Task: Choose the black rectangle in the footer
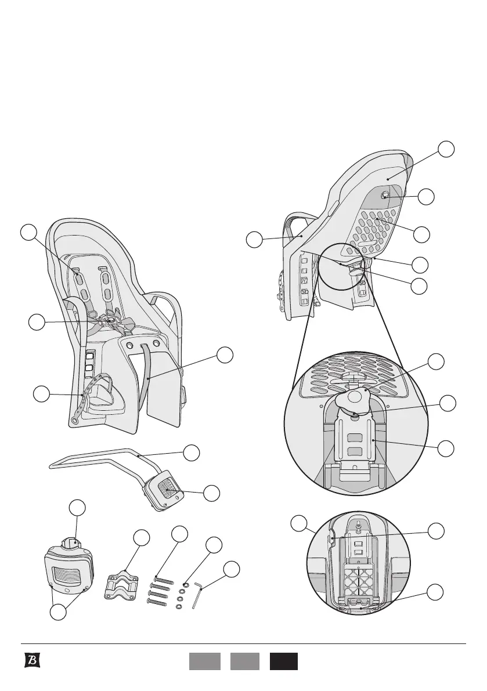pyautogui.click(x=283, y=661)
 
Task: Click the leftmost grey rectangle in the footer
pyautogui.click(x=204, y=661)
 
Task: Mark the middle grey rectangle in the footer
pyautogui.click(x=244, y=661)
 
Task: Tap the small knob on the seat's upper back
pyautogui.click(x=384, y=196)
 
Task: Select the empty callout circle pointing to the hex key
pyautogui.click(x=231, y=569)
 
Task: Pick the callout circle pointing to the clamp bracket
pyautogui.click(x=141, y=537)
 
